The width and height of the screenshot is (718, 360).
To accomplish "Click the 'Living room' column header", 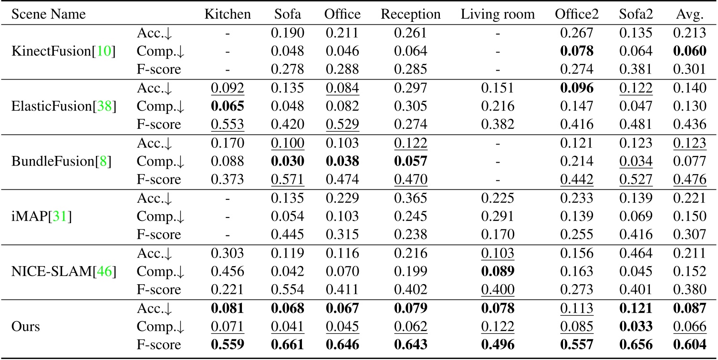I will click(x=498, y=14).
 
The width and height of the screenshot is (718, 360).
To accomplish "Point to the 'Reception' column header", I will click(x=410, y=14).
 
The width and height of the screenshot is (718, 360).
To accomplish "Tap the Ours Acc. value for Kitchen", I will click(x=228, y=309).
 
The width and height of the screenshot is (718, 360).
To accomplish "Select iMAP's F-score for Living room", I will click(x=498, y=235).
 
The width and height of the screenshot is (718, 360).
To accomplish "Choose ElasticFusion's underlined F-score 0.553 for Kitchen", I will click(x=228, y=124).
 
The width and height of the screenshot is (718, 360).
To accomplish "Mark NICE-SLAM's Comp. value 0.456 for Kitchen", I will click(x=228, y=271).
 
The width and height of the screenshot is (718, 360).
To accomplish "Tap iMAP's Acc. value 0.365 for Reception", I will click(x=410, y=198).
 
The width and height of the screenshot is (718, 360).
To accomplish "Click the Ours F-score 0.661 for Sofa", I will click(x=288, y=345).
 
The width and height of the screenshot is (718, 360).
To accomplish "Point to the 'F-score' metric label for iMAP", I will click(x=159, y=235).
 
